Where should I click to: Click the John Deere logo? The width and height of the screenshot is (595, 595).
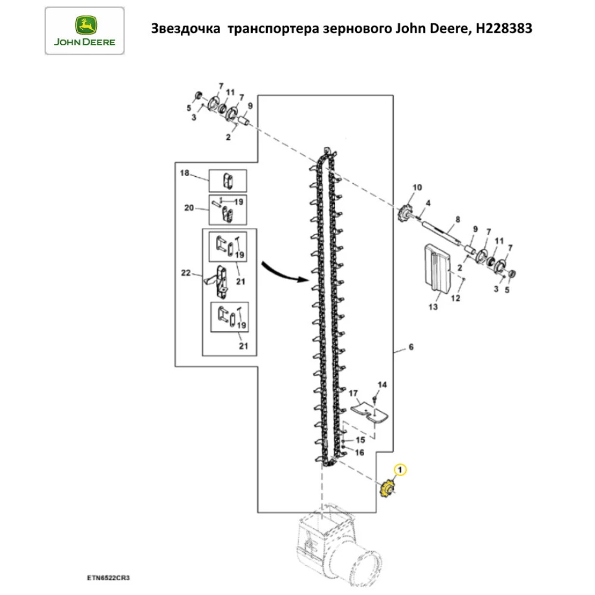[x=84, y=30]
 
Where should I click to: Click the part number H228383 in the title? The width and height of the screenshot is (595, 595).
[x=503, y=29]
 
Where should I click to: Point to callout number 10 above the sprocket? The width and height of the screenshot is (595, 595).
[x=416, y=187]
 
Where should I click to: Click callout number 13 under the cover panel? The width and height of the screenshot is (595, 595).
[x=433, y=307]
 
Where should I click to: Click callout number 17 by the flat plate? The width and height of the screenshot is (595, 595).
[x=352, y=393]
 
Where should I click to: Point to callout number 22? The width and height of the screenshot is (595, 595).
[x=185, y=273]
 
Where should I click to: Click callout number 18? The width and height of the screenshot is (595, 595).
[x=184, y=173]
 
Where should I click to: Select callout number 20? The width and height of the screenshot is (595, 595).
[x=189, y=208]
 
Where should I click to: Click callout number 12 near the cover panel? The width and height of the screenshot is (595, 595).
[x=455, y=299]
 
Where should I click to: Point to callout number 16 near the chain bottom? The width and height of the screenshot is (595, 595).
[x=359, y=452]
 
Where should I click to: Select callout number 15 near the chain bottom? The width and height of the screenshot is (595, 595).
[x=359, y=440]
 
